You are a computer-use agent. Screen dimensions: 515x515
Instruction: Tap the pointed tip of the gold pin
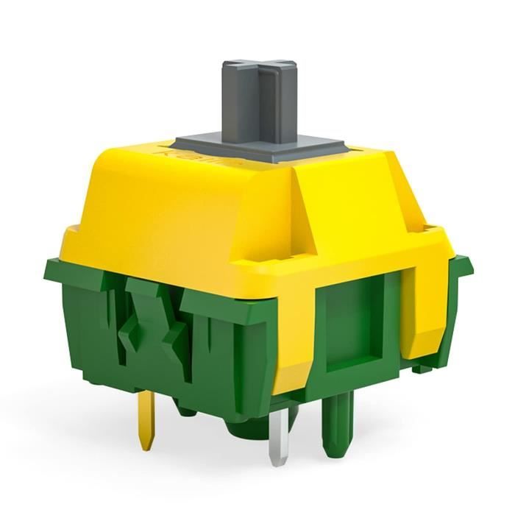146,447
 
